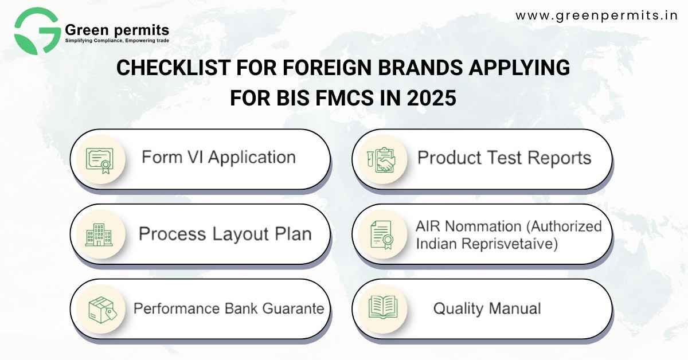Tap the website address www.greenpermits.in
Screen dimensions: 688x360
click(597, 15)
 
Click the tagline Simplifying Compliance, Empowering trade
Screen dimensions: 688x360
click(117, 41)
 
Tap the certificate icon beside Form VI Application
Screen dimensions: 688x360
click(100, 161)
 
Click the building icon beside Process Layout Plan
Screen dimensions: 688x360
click(99, 234)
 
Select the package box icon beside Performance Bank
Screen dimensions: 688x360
click(103, 310)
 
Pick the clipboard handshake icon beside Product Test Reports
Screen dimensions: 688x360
click(381, 160)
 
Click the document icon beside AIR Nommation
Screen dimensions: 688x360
click(382, 234)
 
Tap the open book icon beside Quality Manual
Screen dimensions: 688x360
click(383, 307)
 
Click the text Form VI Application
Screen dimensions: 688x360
click(218, 158)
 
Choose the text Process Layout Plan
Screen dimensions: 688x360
click(225, 234)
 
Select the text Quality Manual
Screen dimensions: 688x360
click(487, 309)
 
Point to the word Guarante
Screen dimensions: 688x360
click(294, 309)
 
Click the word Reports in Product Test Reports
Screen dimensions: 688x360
click(560, 158)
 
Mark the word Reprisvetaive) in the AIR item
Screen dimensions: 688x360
click(510, 244)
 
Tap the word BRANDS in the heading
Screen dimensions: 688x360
click(420, 68)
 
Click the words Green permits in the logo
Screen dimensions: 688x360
click(117, 30)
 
